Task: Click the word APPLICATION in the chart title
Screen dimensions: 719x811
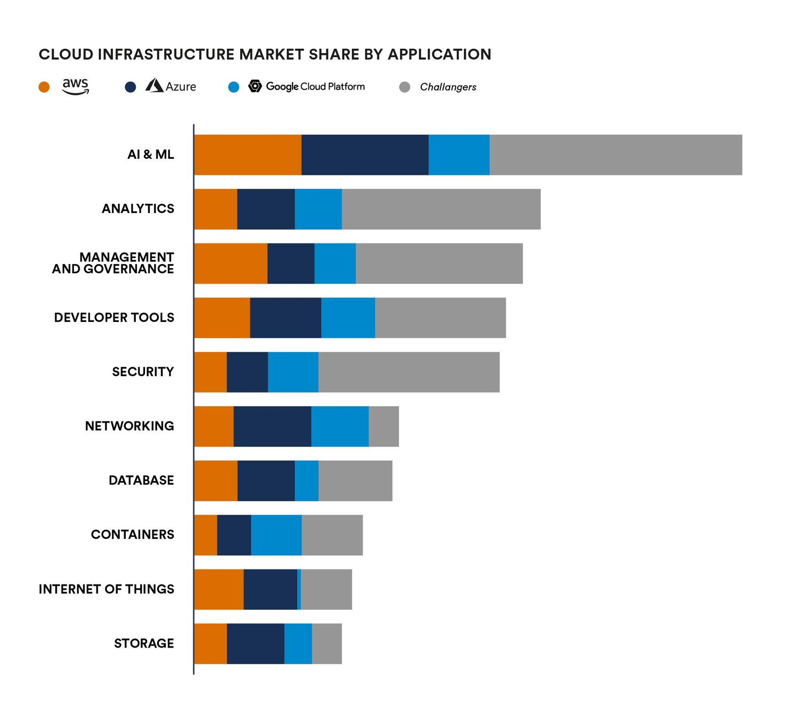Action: click(439, 54)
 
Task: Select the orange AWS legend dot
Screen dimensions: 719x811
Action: click(44, 87)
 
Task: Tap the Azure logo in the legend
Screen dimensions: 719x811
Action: click(154, 86)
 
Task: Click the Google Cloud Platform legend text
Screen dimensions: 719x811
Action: click(315, 87)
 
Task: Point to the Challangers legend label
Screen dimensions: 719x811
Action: click(448, 87)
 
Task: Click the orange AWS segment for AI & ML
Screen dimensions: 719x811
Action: click(248, 155)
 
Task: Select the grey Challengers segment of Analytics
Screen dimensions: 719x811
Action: click(441, 209)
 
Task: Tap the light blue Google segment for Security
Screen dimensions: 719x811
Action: click(293, 372)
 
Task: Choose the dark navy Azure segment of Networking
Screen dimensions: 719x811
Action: click(272, 426)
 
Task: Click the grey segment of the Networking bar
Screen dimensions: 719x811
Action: click(384, 426)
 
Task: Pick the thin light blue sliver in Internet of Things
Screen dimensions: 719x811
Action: click(299, 589)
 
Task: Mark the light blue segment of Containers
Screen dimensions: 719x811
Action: click(276, 535)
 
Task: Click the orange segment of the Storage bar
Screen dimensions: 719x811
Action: click(211, 643)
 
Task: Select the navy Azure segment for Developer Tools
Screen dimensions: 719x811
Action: click(285, 318)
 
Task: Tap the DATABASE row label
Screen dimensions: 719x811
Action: click(141, 480)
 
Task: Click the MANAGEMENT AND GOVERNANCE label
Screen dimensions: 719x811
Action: click(113, 263)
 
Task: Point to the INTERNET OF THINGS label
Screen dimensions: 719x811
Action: click(106, 589)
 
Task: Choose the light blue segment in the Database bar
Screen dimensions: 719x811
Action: click(307, 481)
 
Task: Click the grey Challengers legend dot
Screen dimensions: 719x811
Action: click(404, 87)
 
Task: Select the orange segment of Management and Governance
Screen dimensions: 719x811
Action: click(231, 264)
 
